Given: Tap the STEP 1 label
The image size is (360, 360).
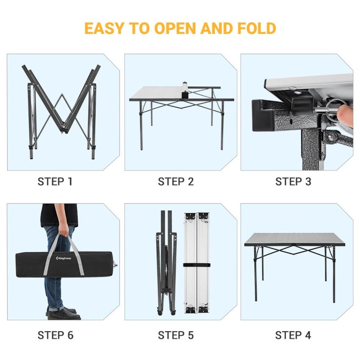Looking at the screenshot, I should tap(55, 182).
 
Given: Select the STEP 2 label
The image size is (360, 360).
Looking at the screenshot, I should tap(175, 182).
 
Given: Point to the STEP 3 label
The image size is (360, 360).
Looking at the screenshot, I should tap(293, 182).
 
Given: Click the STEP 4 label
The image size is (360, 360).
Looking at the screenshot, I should tap(293, 335).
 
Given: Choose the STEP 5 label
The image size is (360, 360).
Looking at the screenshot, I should tap(175, 335).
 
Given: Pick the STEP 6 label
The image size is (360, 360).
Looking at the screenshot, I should tap(55, 335).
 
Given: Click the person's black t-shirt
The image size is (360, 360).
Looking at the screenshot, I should tap(59, 215).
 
